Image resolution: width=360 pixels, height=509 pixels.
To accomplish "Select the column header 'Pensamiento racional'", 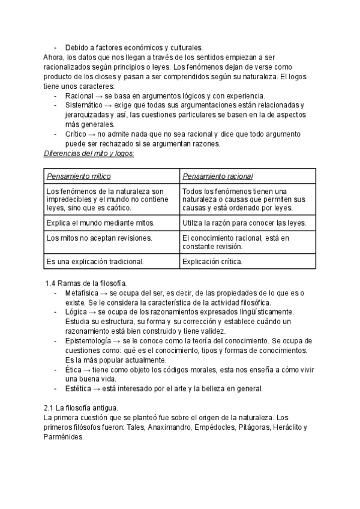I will point(217,176).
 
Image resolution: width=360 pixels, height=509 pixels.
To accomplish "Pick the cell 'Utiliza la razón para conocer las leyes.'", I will point(244,223).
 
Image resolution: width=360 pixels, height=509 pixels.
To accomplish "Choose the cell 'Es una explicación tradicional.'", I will point(95,262).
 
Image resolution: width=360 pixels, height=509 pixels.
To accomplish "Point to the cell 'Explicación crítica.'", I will point(212,262).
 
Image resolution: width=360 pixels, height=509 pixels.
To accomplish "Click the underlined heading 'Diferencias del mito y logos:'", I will point(89,153).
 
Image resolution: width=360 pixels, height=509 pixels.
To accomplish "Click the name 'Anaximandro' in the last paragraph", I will point(169,427).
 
